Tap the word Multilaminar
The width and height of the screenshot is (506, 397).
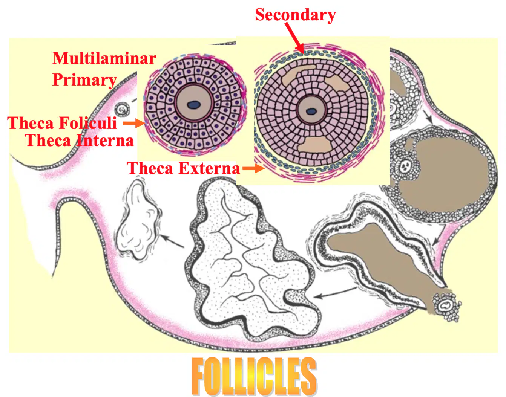(x=104, y=58)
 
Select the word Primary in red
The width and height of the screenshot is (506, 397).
(x=84, y=80)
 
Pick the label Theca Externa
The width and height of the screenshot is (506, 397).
(x=183, y=168)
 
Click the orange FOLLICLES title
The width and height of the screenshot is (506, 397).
(x=254, y=376)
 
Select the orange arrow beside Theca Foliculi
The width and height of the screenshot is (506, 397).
(x=134, y=123)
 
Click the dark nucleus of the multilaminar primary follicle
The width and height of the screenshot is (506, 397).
(x=194, y=105)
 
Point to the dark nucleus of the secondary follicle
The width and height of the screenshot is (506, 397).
(x=311, y=111)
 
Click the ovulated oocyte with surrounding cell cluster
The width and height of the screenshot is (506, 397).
(x=447, y=306)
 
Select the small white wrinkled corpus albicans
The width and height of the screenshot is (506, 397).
(x=138, y=219)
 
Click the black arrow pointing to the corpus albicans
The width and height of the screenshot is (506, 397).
(x=172, y=241)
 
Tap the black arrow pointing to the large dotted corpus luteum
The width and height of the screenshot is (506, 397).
(x=335, y=293)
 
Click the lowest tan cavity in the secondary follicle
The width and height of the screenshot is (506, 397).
(x=315, y=145)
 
